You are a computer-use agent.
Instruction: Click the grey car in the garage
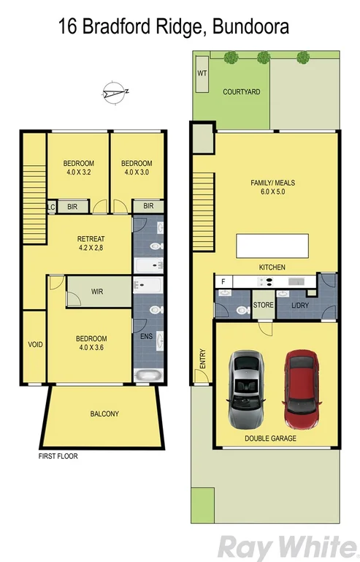point(247,390)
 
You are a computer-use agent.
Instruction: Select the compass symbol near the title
point(115,91)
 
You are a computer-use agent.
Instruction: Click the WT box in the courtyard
point(202,75)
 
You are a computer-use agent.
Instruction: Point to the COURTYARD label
point(241,92)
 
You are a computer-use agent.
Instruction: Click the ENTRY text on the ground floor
point(202,358)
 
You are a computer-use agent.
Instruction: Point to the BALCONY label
point(104,414)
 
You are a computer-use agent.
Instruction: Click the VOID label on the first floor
point(34,344)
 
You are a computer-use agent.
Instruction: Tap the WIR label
point(97,292)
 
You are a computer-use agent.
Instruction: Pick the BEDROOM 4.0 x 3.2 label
point(78,167)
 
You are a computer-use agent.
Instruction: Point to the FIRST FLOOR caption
point(58,456)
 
